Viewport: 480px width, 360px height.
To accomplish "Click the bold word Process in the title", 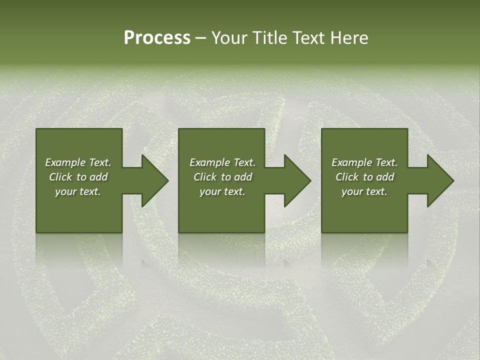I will [157, 38].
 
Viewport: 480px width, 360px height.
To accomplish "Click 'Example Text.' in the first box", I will [78, 162].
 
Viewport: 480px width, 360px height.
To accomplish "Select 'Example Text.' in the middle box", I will [222, 162].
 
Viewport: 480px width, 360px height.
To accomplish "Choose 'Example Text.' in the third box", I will [364, 162].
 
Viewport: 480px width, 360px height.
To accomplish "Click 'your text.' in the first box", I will [78, 191].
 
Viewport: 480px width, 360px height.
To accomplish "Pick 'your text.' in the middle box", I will [222, 191].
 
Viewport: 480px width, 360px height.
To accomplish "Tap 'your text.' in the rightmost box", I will [364, 191].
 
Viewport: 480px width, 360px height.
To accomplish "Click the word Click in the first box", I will [60, 177].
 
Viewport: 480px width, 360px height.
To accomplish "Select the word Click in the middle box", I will [205, 177].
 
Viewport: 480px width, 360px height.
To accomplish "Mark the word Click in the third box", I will [347, 177].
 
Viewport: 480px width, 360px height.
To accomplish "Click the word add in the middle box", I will [243, 177].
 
